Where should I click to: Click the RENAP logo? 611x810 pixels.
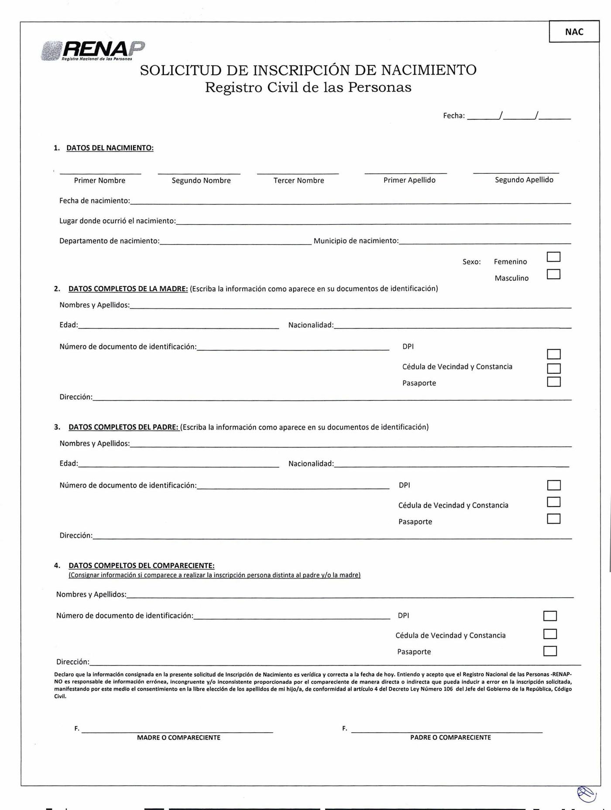(x=93, y=51)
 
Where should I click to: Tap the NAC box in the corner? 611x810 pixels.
(x=574, y=32)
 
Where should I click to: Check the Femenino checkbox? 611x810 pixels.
(x=553, y=257)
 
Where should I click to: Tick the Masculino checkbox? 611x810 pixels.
(x=553, y=274)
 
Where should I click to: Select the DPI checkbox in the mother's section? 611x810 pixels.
(x=553, y=354)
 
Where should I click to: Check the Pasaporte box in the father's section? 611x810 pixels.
(x=553, y=519)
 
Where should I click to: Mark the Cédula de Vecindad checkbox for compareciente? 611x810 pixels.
(x=550, y=634)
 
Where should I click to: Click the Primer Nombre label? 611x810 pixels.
(x=100, y=180)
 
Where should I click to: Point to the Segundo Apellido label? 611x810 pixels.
(x=524, y=180)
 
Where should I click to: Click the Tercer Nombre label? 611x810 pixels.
(x=299, y=180)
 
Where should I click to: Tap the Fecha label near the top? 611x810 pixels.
(x=453, y=116)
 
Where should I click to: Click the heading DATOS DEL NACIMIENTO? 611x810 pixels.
(x=110, y=148)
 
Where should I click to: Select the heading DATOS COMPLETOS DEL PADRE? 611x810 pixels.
(x=124, y=427)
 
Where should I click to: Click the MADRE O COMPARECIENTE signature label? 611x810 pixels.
(x=178, y=738)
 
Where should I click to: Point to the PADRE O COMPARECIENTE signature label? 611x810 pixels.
(x=450, y=738)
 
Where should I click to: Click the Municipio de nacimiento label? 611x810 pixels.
(x=356, y=241)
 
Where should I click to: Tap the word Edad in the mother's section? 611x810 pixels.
(x=68, y=325)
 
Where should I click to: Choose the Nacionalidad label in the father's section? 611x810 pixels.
(x=311, y=463)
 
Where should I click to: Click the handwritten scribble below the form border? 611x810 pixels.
(x=586, y=794)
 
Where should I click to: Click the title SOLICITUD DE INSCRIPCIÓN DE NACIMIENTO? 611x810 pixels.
(x=308, y=70)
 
